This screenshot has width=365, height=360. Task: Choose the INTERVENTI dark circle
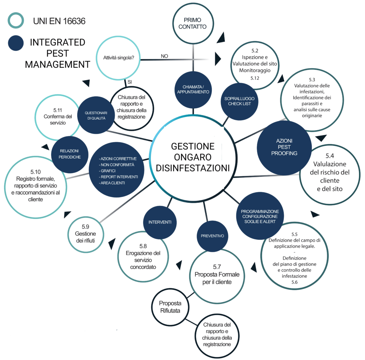tap(160, 222)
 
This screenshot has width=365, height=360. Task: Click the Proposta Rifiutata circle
tap(170, 307)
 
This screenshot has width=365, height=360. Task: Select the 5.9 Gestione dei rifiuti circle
tap(85, 233)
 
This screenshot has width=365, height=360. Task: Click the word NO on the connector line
tap(164, 56)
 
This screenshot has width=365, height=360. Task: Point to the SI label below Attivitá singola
tap(129, 82)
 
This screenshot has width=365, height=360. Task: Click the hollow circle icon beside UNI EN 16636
tap(16, 21)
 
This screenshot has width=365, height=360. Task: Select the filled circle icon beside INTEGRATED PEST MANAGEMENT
tap(16, 43)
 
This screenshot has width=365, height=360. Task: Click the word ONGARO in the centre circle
tap(193, 157)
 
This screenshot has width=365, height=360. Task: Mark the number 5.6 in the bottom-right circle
tap(294, 282)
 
